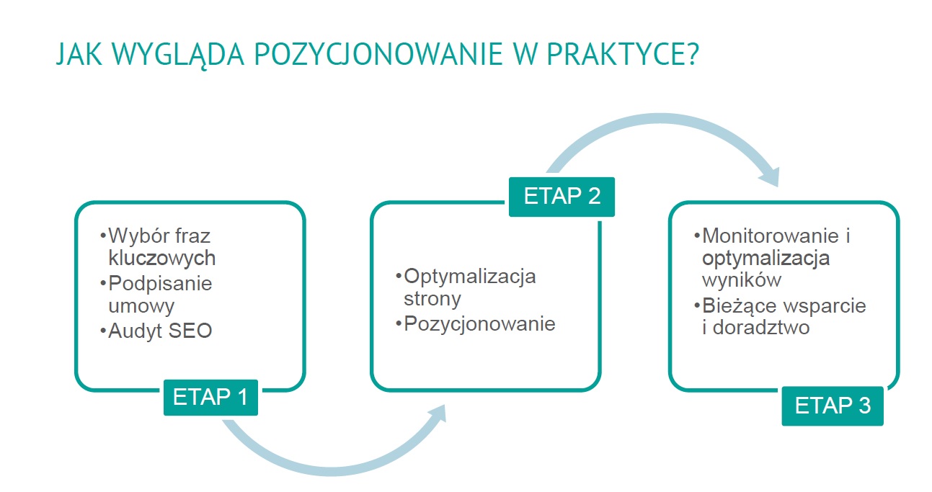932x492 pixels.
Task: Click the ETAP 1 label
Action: (x=210, y=397)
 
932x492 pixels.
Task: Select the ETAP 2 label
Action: (x=562, y=197)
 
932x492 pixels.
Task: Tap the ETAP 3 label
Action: (x=833, y=406)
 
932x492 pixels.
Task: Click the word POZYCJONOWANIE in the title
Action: (x=378, y=55)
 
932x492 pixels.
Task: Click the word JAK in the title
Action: (x=79, y=55)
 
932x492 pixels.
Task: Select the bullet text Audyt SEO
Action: (x=160, y=331)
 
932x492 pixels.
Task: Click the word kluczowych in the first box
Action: (x=162, y=259)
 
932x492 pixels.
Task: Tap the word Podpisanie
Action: (x=160, y=284)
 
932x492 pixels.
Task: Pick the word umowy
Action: (x=141, y=307)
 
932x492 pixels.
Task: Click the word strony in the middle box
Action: (x=432, y=299)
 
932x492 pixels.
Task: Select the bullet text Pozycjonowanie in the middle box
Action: (x=479, y=324)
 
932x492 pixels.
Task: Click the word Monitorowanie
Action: (x=771, y=236)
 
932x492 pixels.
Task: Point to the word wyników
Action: (x=742, y=280)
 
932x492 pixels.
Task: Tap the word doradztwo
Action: (x=761, y=327)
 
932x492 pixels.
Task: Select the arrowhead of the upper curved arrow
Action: (x=770, y=176)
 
